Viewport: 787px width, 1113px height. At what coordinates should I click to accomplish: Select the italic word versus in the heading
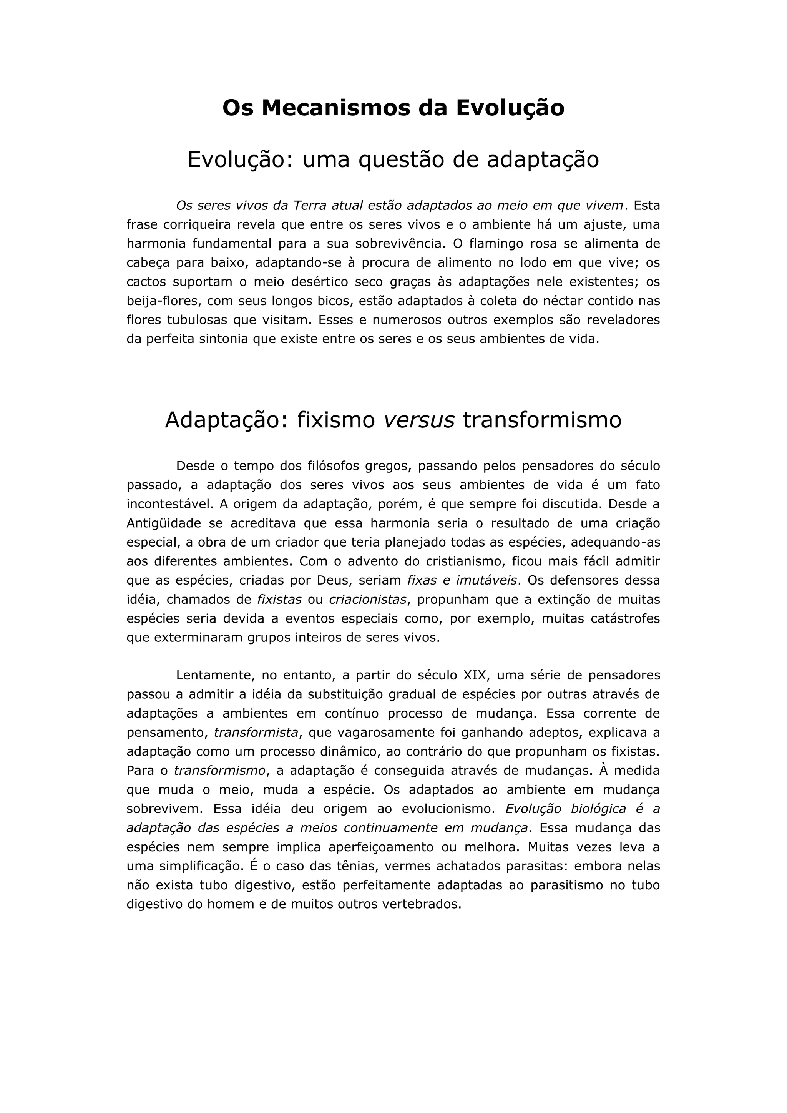419,420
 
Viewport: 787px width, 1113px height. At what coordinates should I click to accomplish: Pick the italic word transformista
256,733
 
